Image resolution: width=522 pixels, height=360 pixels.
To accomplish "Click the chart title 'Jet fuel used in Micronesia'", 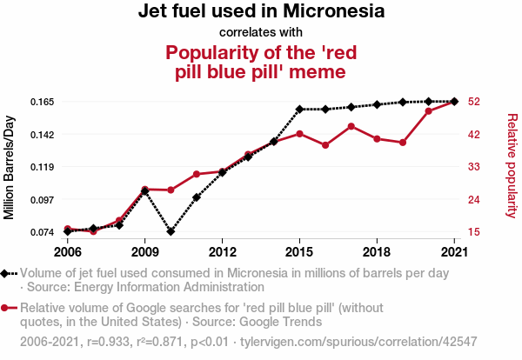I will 261,12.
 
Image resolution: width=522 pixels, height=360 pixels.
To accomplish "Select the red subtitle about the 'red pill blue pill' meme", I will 261,61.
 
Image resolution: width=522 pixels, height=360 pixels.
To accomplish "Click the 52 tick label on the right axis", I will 473,102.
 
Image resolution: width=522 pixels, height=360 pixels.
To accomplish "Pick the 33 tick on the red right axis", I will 473,167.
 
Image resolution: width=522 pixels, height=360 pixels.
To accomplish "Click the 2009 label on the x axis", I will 145,252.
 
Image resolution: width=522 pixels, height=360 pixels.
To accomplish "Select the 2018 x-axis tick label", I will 377,252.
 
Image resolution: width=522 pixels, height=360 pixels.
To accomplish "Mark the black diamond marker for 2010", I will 171,231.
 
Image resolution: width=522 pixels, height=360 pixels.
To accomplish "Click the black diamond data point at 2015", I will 299,110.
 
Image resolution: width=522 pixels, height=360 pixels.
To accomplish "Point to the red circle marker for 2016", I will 325,145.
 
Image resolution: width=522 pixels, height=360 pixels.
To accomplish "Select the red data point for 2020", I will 428,111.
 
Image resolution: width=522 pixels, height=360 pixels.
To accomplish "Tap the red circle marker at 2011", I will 197,174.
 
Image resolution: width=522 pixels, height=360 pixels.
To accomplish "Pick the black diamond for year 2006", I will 68,231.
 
